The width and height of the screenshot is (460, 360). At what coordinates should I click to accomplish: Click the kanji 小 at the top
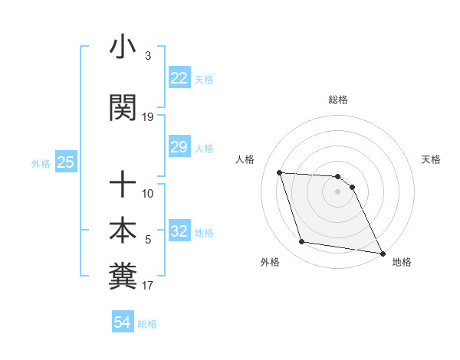click(123, 49)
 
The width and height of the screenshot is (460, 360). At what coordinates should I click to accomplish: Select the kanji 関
click(123, 108)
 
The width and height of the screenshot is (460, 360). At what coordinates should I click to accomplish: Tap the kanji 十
click(123, 185)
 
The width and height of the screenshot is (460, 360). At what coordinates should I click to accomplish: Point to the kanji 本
click(123, 231)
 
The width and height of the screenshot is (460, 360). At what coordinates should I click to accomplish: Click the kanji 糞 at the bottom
click(123, 276)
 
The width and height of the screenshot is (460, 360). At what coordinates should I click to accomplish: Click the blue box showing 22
click(179, 78)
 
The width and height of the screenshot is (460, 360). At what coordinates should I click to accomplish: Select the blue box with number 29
click(179, 147)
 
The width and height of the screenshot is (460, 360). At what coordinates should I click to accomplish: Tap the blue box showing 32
click(179, 231)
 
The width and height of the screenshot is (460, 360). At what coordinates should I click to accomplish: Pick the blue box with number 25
click(65, 162)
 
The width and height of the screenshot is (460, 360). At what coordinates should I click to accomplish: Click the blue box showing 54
click(122, 322)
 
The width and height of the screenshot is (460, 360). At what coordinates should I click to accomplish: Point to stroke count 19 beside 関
click(148, 117)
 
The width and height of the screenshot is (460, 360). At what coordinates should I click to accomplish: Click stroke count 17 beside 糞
click(148, 286)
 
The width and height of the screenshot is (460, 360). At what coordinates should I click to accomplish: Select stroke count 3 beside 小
click(148, 56)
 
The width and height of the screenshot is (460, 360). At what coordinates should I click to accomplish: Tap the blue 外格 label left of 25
click(41, 163)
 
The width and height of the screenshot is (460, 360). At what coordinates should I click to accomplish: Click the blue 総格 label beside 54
click(147, 324)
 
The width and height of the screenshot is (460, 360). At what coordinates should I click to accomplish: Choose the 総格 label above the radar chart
click(338, 100)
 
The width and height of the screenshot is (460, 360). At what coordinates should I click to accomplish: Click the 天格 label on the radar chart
click(431, 159)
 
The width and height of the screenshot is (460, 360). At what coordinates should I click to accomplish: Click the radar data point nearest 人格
click(280, 173)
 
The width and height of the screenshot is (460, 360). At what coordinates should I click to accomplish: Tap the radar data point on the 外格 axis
click(302, 242)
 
